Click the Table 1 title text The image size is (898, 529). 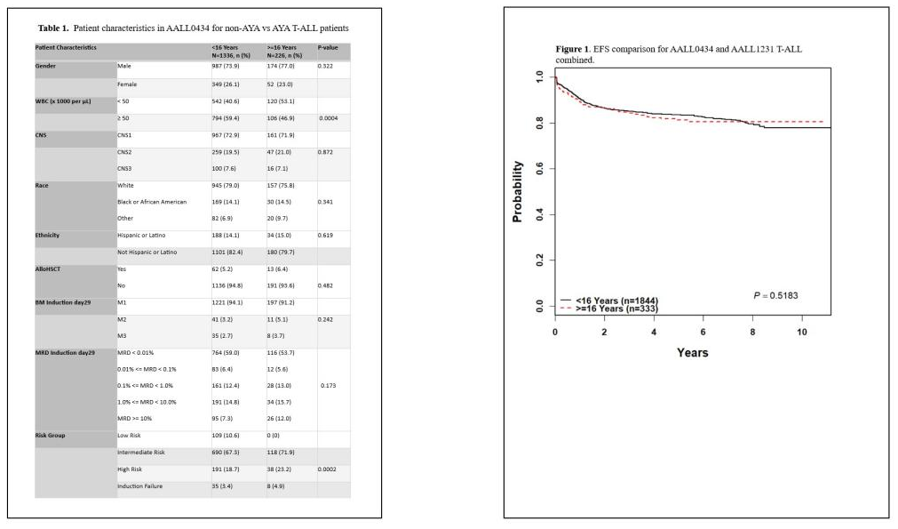click(193, 28)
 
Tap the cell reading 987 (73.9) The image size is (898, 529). click(229, 67)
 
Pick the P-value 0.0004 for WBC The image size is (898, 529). click(330, 117)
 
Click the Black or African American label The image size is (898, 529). click(152, 202)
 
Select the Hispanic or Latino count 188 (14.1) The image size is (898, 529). click(230, 236)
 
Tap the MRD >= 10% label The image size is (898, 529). click(135, 419)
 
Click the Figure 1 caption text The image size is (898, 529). click(678, 54)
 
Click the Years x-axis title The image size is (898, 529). click(692, 352)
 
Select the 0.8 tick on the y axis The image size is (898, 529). click(538, 124)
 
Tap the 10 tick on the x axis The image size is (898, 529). click(802, 332)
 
